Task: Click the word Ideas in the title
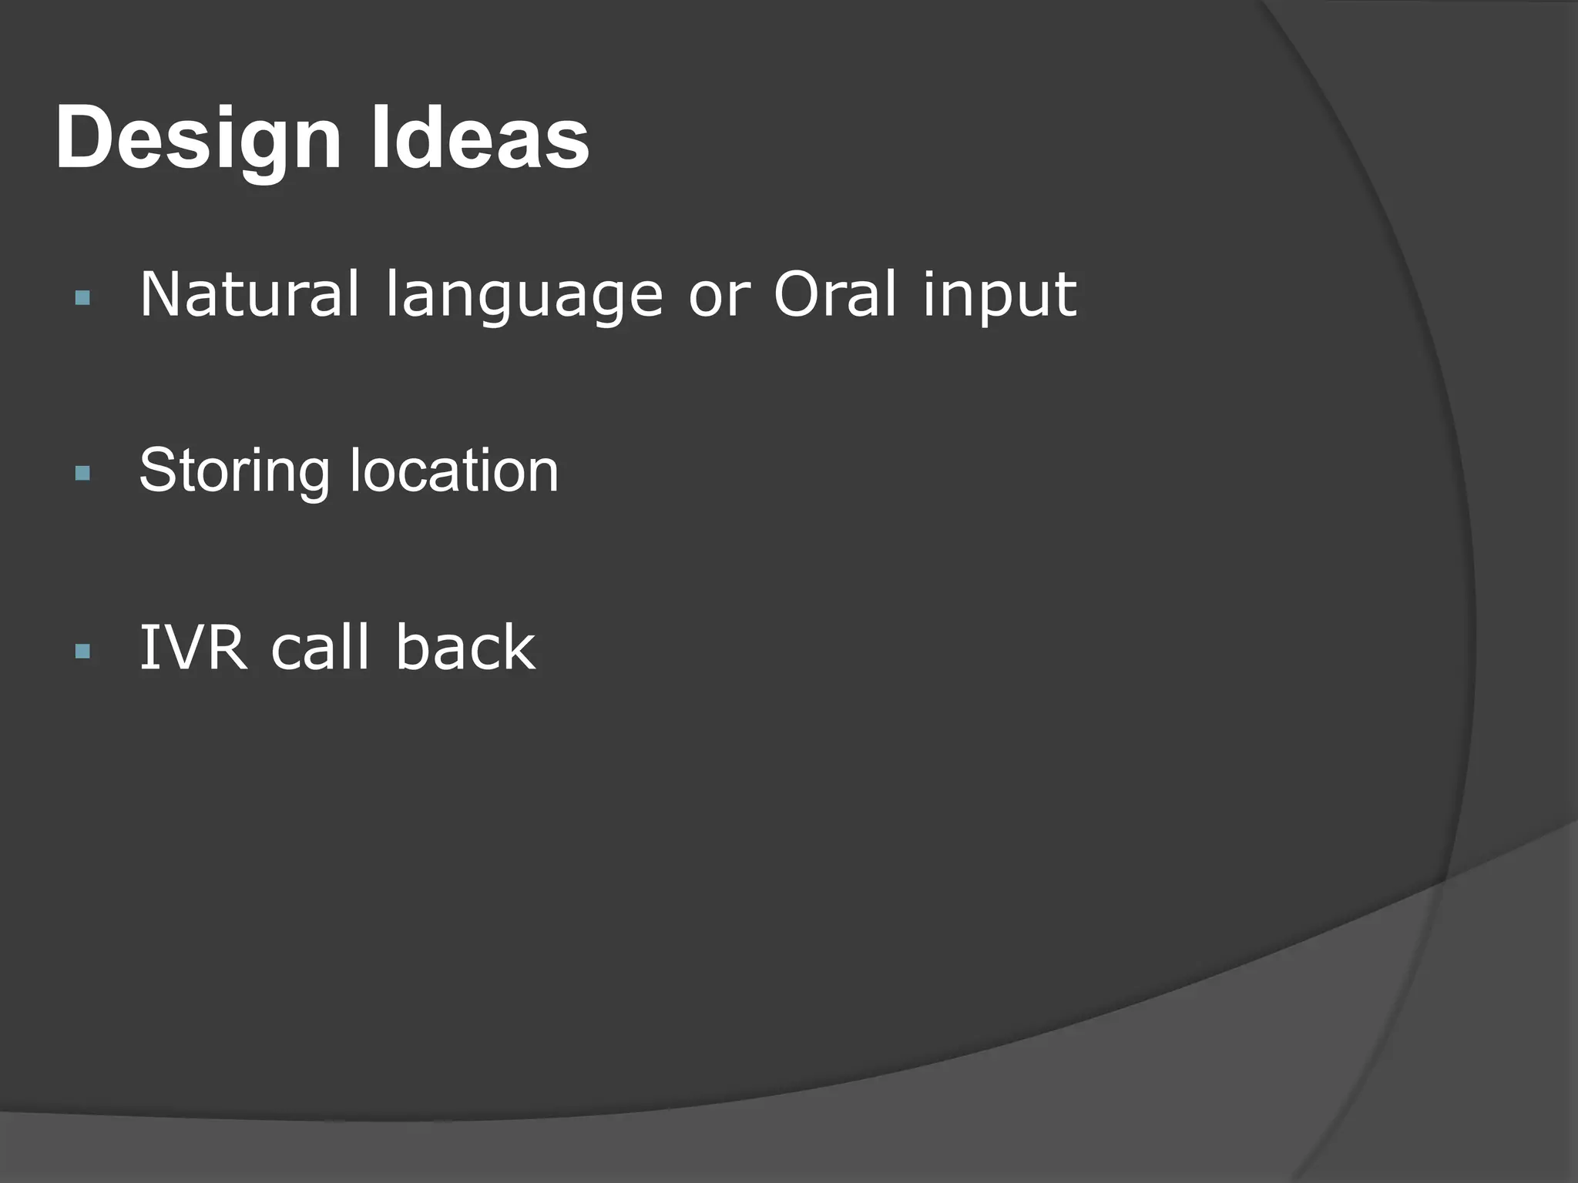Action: [x=479, y=139]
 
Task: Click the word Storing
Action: [x=234, y=471]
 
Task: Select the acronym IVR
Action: [x=193, y=648]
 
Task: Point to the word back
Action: [x=465, y=648]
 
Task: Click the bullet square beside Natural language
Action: [x=83, y=298]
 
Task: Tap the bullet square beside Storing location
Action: [x=83, y=473]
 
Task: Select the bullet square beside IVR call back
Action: [x=83, y=652]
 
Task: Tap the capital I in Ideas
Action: [x=379, y=139]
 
